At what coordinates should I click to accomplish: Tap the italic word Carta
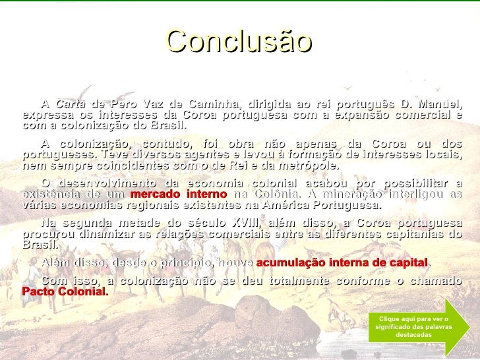(x=69, y=105)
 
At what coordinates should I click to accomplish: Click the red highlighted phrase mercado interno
(x=179, y=195)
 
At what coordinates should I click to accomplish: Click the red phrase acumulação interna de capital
(x=342, y=263)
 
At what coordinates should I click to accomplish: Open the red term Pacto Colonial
(x=60, y=292)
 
